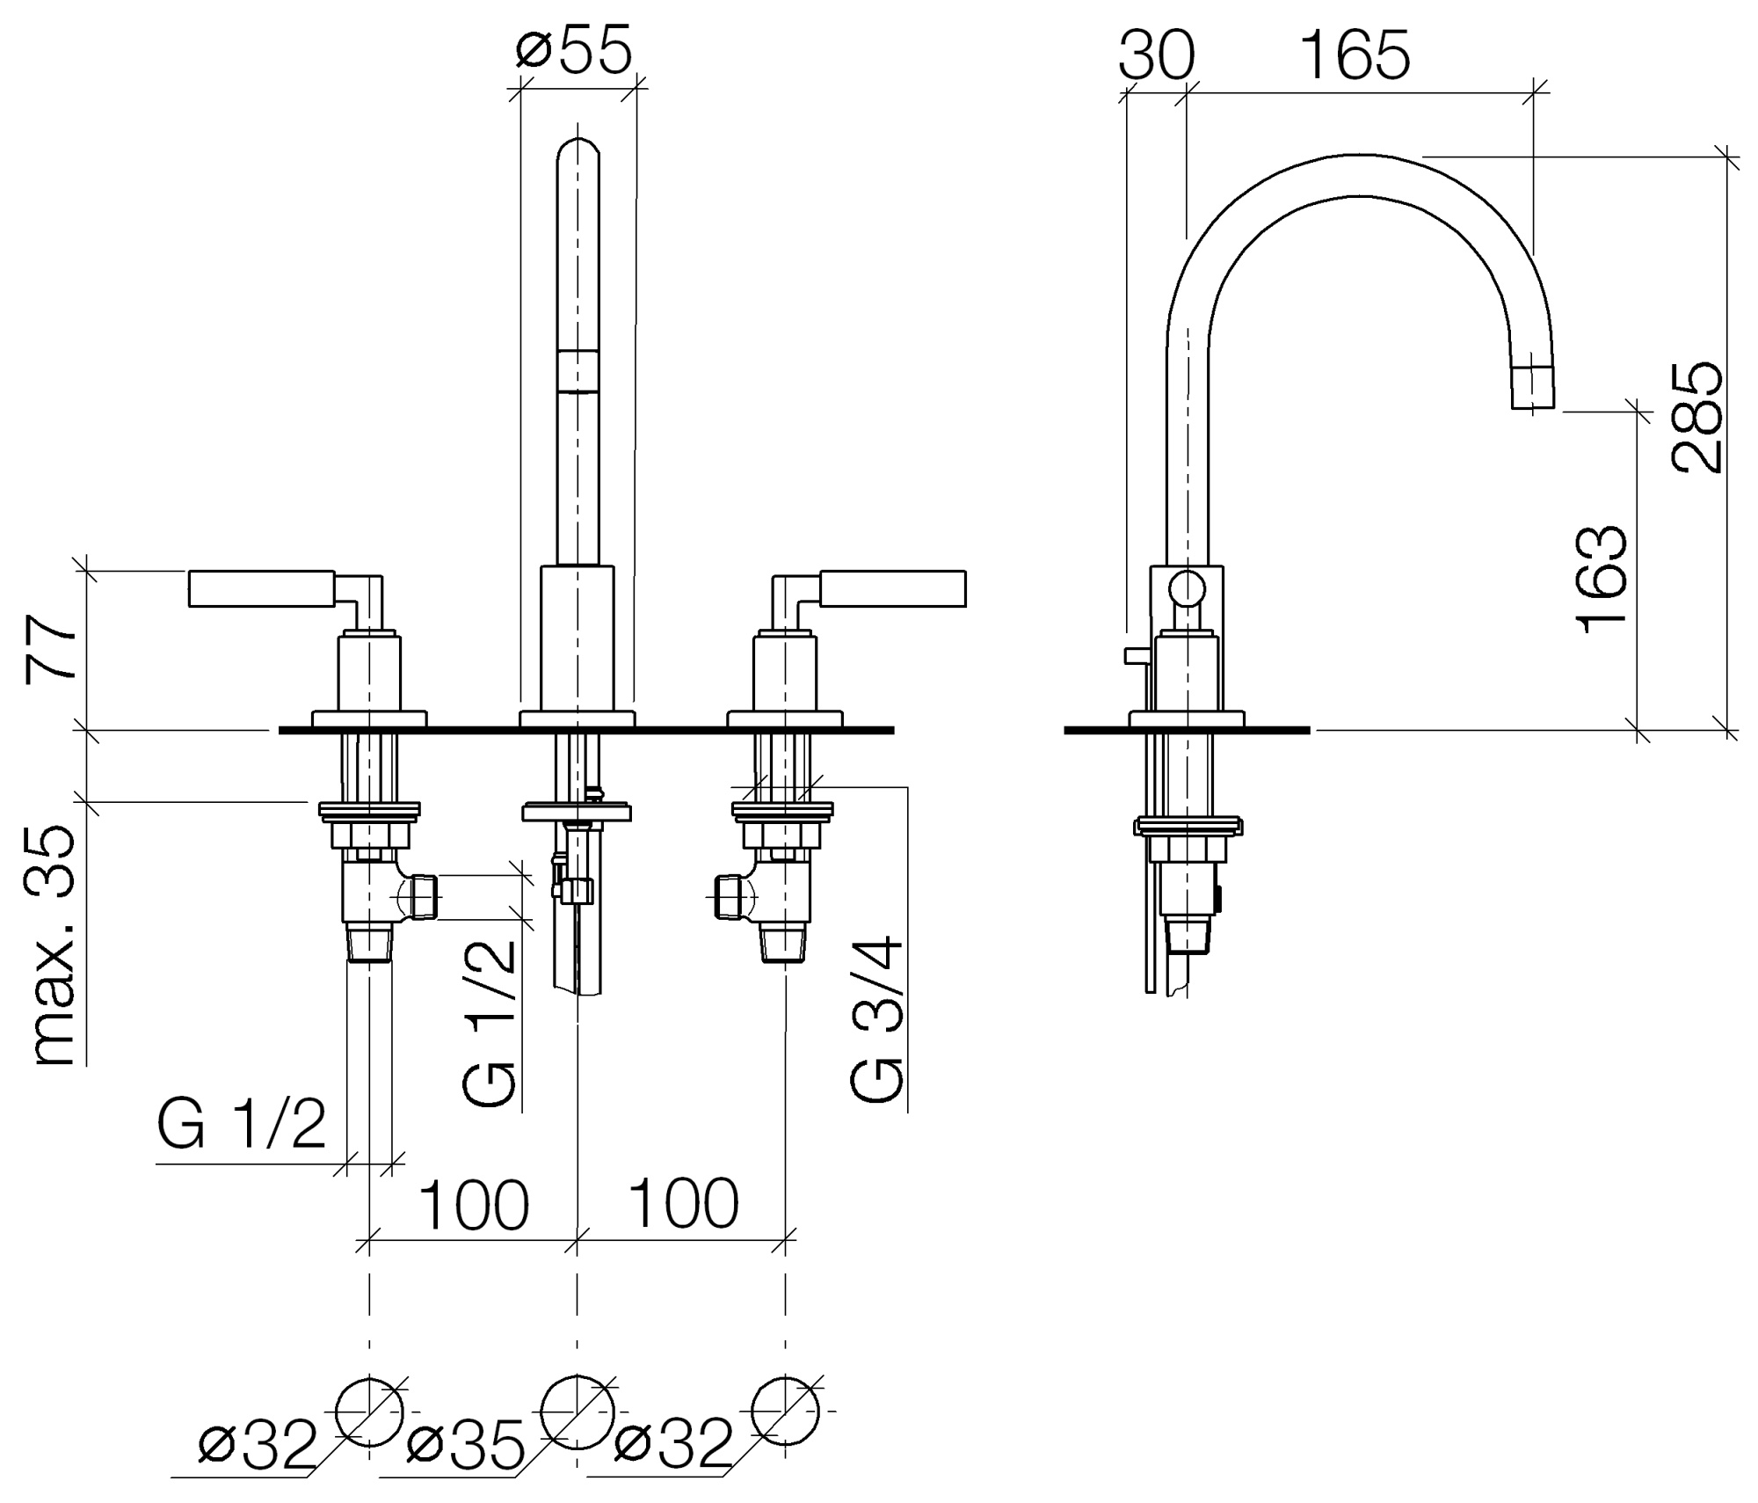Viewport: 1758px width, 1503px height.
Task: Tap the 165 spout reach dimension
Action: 1355,55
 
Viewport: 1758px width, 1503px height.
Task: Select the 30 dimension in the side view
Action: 1156,55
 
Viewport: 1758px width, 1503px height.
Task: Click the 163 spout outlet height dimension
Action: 1602,580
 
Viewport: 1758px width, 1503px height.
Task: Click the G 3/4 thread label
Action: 876,1019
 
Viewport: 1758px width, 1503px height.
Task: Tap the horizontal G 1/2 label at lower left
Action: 242,1124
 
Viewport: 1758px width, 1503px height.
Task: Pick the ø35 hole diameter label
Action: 466,1444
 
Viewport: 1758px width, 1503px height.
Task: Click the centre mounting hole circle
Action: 578,1412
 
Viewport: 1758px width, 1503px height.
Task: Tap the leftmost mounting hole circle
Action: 369,1411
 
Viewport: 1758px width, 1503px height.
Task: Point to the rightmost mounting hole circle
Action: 785,1411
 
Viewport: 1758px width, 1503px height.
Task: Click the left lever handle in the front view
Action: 261,589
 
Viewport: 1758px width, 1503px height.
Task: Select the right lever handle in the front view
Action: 892,588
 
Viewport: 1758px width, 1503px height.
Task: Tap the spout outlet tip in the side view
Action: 1533,390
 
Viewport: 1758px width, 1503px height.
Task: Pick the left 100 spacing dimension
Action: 474,1205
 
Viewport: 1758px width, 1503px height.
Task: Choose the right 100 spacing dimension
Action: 683,1205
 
